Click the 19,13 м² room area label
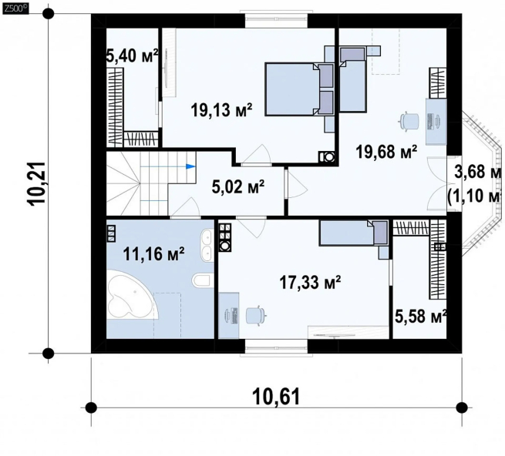pos(221,110)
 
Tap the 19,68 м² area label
pos(386,152)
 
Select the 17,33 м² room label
pos(310,283)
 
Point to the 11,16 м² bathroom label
pos(153,254)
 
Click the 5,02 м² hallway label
pos(238,186)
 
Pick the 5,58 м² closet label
pos(420,317)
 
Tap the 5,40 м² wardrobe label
pos(133,56)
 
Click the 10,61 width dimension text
pos(276,396)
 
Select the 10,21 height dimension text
pos(37,183)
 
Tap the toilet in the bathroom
pos(202,280)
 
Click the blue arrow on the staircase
pos(191,166)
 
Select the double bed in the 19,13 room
pos(299,89)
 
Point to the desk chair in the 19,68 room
pos(409,122)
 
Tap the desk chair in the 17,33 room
pos(256,315)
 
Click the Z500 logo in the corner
pos(15,8)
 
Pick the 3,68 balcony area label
pos(477,172)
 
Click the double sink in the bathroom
pos(206,244)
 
